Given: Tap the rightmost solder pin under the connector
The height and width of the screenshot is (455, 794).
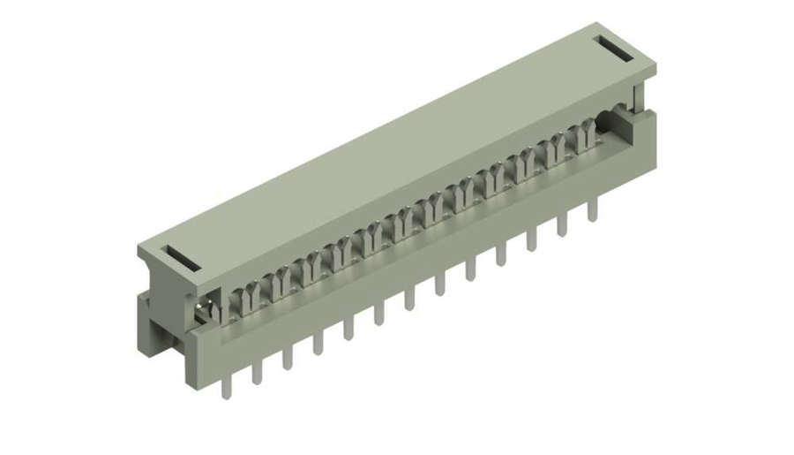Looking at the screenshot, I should (592, 207).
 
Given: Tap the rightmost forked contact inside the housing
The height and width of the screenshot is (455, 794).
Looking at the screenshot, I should (586, 137).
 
